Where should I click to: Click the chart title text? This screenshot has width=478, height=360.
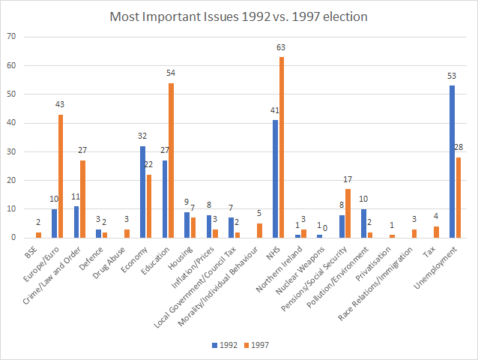[239, 16]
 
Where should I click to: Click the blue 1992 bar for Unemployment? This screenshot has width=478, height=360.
[453, 161]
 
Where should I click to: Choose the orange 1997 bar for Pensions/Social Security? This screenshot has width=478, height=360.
[348, 213]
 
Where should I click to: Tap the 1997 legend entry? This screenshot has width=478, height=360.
[255, 346]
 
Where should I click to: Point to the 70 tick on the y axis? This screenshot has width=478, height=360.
[10, 37]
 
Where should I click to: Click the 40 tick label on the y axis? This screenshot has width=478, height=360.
[10, 123]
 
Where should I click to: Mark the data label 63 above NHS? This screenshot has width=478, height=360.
[282, 48]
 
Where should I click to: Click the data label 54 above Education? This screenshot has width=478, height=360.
[171, 73]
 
